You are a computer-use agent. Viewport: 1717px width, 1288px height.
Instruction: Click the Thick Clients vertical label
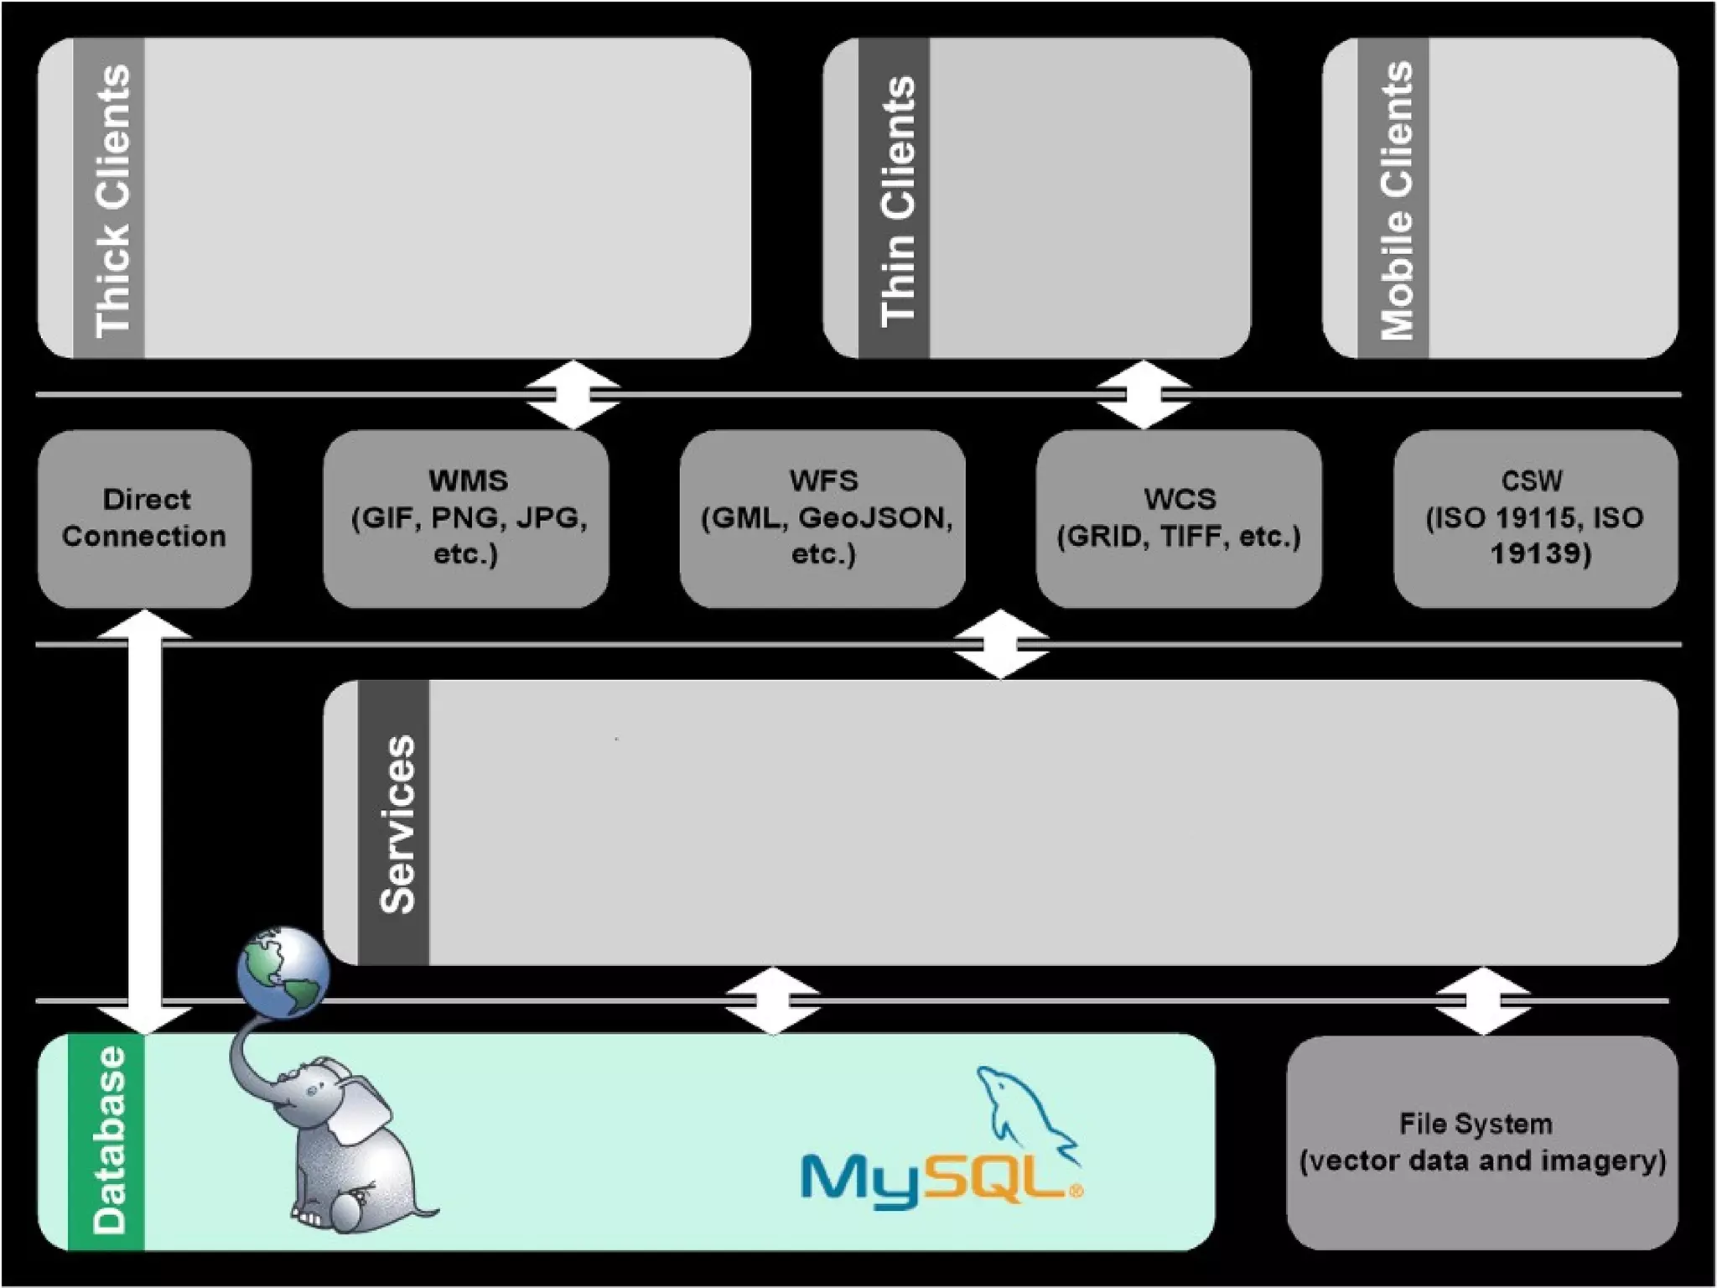[x=110, y=200]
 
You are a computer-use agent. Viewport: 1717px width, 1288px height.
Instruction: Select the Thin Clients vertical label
[x=895, y=200]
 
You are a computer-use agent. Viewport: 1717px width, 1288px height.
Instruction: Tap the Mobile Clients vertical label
[x=1393, y=200]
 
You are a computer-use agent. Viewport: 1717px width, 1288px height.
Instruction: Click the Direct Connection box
[x=144, y=518]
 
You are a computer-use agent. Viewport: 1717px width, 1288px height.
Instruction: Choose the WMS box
[x=466, y=518]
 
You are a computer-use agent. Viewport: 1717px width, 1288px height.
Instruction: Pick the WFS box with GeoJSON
[x=822, y=518]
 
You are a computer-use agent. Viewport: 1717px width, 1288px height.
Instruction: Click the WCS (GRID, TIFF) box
[x=1179, y=518]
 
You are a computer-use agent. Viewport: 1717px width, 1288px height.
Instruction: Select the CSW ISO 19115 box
[x=1535, y=518]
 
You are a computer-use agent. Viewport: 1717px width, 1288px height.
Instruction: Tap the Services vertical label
[x=395, y=823]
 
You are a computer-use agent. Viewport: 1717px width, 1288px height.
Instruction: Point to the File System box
[x=1482, y=1142]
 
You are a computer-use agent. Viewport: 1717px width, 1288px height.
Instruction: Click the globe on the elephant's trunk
[x=283, y=971]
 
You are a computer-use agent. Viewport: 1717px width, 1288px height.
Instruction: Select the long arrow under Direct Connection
[x=145, y=822]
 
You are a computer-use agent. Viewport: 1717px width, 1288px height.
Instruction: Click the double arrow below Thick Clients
[x=573, y=394]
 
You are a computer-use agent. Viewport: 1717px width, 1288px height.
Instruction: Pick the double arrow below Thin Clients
[x=1144, y=394]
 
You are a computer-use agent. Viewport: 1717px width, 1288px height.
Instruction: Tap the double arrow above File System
[x=1482, y=1000]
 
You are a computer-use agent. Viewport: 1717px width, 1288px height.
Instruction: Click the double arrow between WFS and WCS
[x=1001, y=644]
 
